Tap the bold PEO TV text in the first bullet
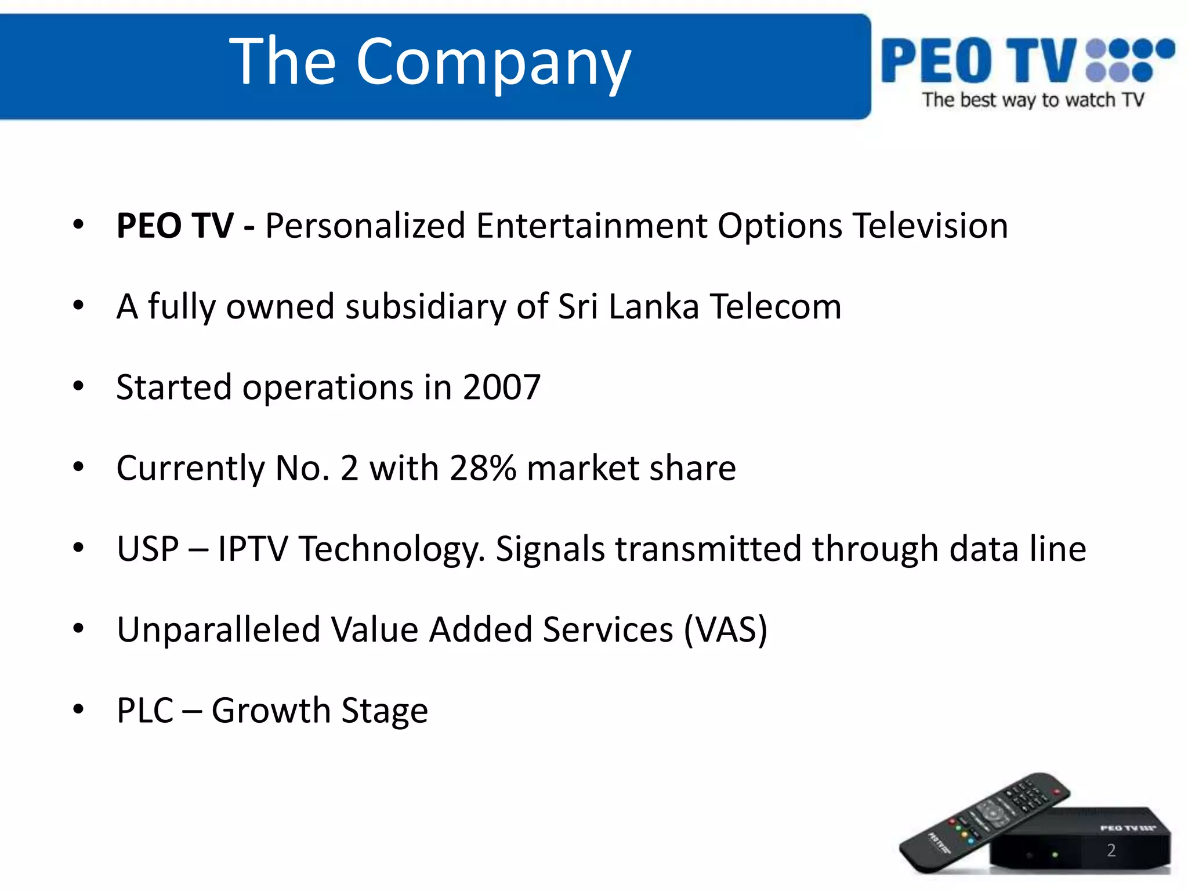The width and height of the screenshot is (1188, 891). point(175,226)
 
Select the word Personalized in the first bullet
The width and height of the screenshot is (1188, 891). point(365,226)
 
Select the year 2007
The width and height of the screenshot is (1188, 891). point(502,387)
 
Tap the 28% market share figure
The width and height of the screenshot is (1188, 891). point(483,468)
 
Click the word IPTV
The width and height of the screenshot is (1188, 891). point(252,549)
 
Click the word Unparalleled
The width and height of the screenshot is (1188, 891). point(218,630)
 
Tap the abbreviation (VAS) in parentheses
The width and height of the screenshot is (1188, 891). point(725,630)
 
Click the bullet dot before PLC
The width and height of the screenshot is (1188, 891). point(79,709)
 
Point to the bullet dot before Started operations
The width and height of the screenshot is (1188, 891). point(79,386)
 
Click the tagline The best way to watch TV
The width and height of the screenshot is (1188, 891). point(1033,100)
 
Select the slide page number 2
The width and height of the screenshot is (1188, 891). point(1111,850)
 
